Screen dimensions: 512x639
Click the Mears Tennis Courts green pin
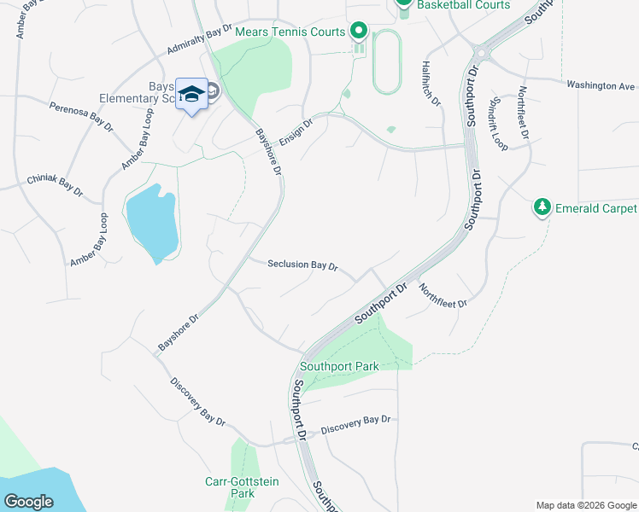[x=359, y=32]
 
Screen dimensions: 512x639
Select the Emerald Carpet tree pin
[x=542, y=207]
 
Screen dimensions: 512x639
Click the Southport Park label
[x=344, y=367]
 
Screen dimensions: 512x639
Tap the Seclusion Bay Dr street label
[x=302, y=265]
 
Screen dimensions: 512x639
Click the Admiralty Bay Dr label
[x=200, y=39]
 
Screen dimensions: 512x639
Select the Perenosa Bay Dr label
[x=81, y=118]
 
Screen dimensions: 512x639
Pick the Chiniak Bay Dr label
[x=55, y=187]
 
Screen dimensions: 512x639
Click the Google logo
[x=29, y=502]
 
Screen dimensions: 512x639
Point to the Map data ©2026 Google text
[x=586, y=505]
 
